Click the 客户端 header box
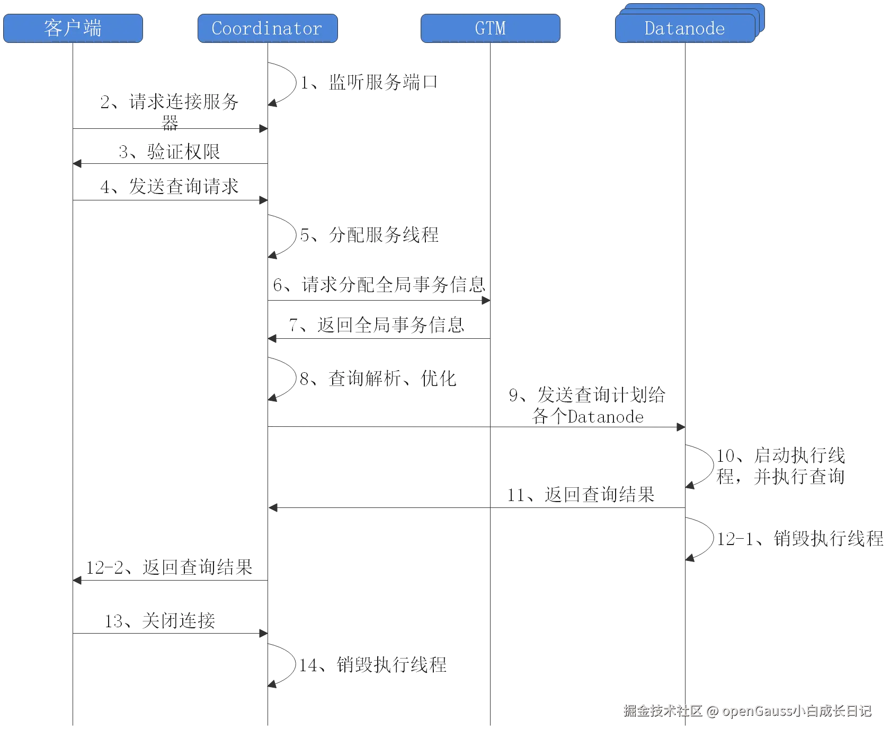coord(73,28)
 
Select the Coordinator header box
coord(266,28)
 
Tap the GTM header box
coord(490,28)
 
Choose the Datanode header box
coord(685,28)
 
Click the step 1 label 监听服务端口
coord(369,82)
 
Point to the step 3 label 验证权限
coord(170,152)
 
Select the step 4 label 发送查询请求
coord(170,186)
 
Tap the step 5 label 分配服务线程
coord(370,234)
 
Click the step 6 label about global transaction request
coord(379,285)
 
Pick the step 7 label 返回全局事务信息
coord(377,324)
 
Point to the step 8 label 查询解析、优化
coord(379,378)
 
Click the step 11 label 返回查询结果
coord(582,495)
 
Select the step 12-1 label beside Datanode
coord(800,539)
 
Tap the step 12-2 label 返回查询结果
coord(170,567)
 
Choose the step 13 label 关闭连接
coord(161,620)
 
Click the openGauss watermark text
coord(747,710)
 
